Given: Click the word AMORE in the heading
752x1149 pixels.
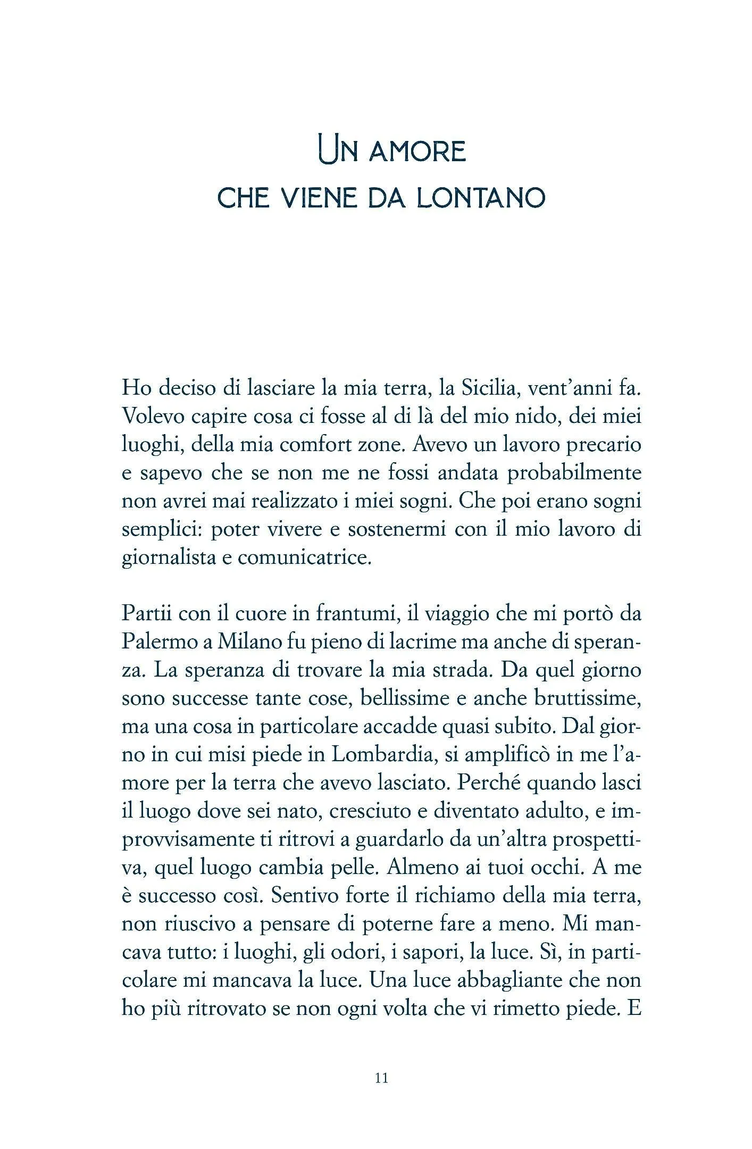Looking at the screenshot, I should pos(417,152).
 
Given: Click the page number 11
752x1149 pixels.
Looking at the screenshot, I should pos(381,1078).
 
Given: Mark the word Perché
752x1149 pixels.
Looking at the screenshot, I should pos(489,783).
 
